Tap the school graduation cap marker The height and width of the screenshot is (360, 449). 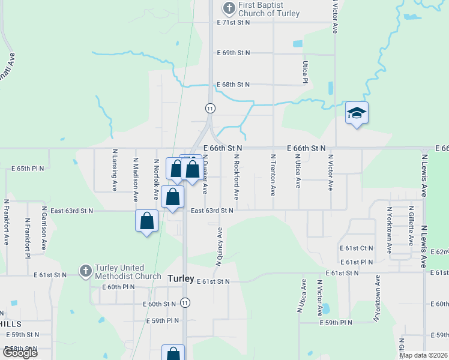tap(357, 113)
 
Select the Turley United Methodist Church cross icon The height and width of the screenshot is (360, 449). tap(85, 271)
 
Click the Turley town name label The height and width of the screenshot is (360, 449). tap(180, 278)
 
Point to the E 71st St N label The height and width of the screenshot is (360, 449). tap(233, 22)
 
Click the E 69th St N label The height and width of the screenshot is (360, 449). tap(233, 53)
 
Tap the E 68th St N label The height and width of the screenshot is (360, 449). tap(233, 85)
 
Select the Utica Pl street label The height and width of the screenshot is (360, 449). tap(306, 71)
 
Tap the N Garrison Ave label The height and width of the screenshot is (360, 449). tap(44, 229)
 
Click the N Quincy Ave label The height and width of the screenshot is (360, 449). tap(218, 247)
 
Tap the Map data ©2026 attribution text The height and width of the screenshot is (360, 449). tap(423, 355)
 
